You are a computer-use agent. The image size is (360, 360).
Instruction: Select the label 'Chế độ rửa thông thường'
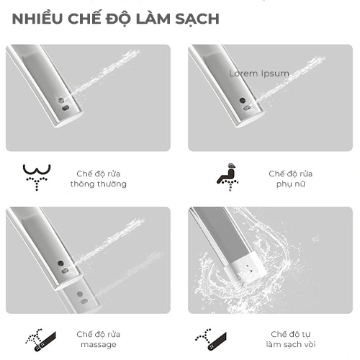coord(99,179)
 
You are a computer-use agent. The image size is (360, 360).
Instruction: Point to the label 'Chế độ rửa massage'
coord(99,339)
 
